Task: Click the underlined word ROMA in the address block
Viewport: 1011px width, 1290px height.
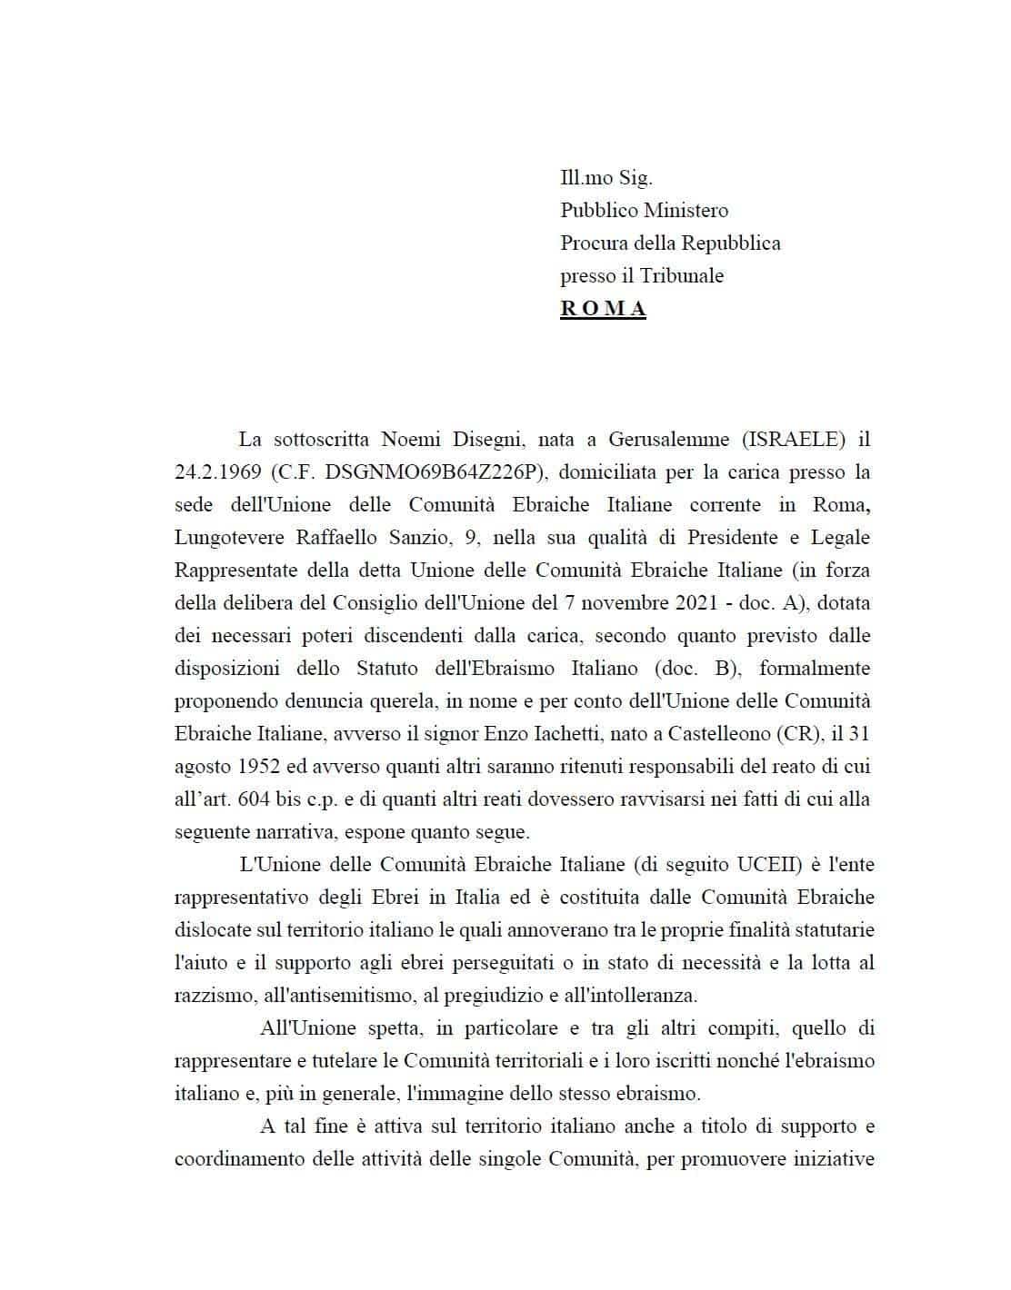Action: tap(603, 308)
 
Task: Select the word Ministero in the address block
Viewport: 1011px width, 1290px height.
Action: tap(686, 210)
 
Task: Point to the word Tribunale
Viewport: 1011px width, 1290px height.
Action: tap(681, 275)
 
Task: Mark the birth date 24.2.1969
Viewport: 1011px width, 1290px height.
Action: tap(215, 472)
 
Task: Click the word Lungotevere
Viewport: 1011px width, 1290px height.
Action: tap(229, 538)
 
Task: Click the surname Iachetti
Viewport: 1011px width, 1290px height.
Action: tap(589, 734)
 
